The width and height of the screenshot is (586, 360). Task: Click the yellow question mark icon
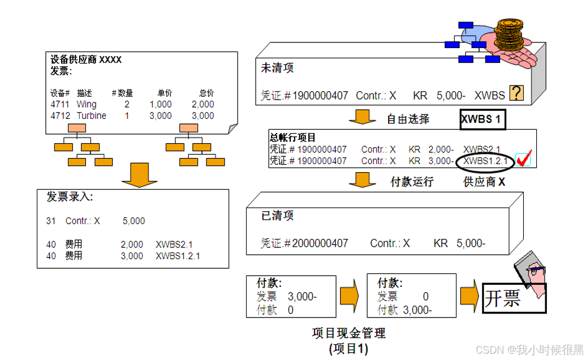click(x=516, y=93)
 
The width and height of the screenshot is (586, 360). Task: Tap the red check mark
click(x=523, y=161)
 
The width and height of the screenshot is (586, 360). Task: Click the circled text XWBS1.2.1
click(x=485, y=161)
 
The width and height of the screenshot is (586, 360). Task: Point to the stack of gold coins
click(x=511, y=36)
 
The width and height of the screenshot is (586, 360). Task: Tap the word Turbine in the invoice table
click(x=91, y=115)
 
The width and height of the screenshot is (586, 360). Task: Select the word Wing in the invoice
click(x=87, y=105)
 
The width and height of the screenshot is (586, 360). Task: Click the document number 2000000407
click(x=320, y=243)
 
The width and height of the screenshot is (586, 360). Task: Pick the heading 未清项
click(x=277, y=68)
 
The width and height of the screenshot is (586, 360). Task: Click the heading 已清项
click(x=277, y=216)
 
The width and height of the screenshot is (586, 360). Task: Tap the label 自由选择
click(x=408, y=119)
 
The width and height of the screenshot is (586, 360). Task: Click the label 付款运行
click(x=412, y=182)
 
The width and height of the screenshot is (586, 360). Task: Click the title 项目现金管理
click(x=348, y=333)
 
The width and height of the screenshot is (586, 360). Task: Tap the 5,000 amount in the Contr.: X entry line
click(x=133, y=221)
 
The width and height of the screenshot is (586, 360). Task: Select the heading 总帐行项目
click(x=292, y=138)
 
